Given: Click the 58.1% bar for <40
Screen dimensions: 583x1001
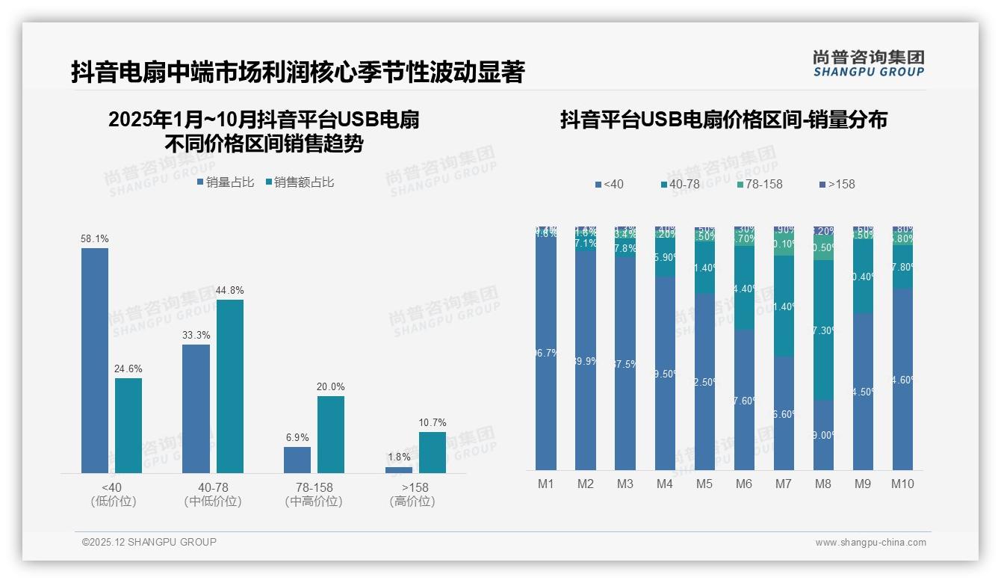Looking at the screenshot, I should (95, 360).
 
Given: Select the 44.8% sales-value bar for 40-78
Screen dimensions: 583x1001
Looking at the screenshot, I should (230, 386).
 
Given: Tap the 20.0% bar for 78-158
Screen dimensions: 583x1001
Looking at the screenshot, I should (331, 434).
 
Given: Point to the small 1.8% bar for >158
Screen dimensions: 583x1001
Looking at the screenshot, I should (399, 470).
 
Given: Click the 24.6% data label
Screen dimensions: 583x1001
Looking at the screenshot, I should (128, 369).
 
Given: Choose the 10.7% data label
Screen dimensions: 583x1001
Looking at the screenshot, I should (433, 423).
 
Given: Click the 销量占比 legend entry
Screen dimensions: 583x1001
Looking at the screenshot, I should (226, 182).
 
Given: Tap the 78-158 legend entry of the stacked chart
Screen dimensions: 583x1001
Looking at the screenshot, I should (758, 184).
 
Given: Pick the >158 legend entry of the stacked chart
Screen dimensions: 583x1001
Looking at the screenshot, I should (837, 184).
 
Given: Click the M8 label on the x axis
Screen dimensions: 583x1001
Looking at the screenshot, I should (822, 484).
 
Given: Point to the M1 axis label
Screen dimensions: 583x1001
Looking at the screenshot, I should (546, 484).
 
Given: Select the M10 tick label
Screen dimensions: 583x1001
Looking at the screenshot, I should (902, 484).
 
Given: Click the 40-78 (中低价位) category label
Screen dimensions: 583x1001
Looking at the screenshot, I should (213, 494).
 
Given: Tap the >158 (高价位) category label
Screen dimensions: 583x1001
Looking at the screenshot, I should (412, 494).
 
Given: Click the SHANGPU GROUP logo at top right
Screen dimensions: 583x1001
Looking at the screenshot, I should (868, 64).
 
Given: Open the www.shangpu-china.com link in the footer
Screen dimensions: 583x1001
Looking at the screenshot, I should (870, 543).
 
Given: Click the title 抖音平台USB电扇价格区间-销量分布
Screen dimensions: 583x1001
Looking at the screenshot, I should (723, 120).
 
